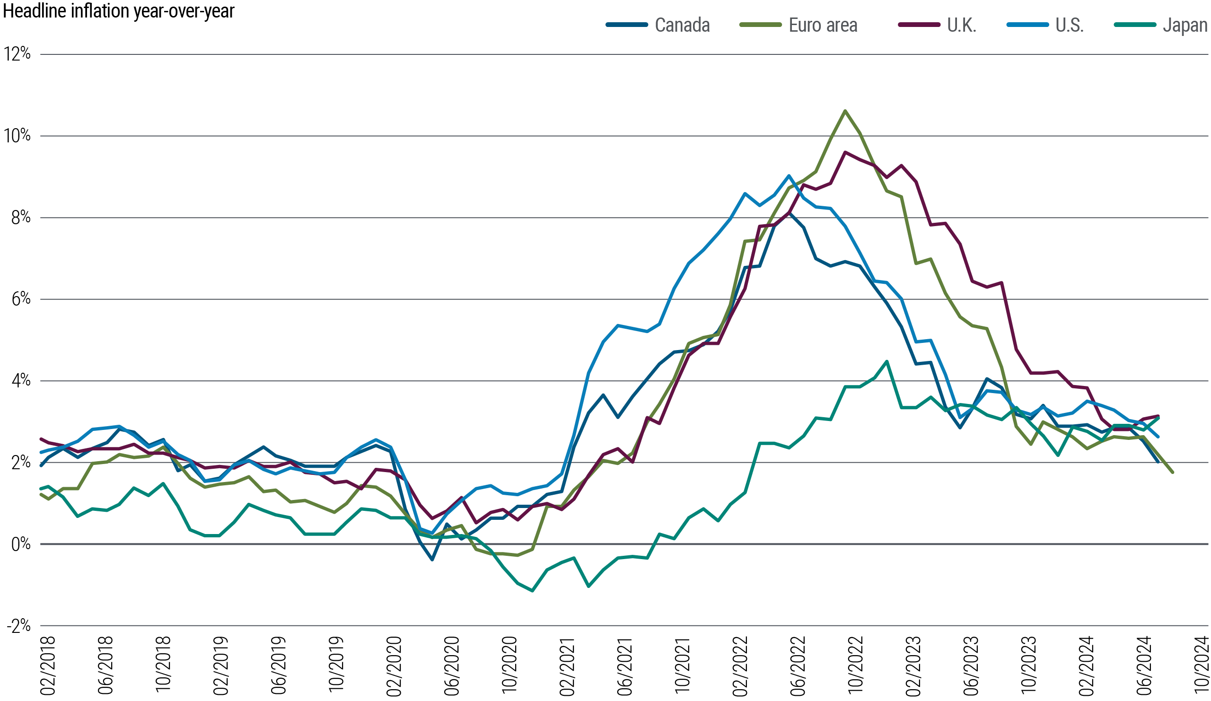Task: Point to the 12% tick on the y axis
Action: click(18, 54)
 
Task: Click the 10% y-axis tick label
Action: click(18, 135)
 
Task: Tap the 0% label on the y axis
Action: click(21, 544)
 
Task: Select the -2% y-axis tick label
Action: click(18, 626)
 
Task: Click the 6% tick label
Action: click(21, 299)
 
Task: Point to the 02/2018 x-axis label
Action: click(48, 665)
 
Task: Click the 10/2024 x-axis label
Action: click(1202, 665)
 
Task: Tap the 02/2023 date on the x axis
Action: click(913, 665)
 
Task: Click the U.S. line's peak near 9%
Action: click(789, 176)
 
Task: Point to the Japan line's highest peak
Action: click(886, 361)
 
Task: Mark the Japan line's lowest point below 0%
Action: click(533, 590)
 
